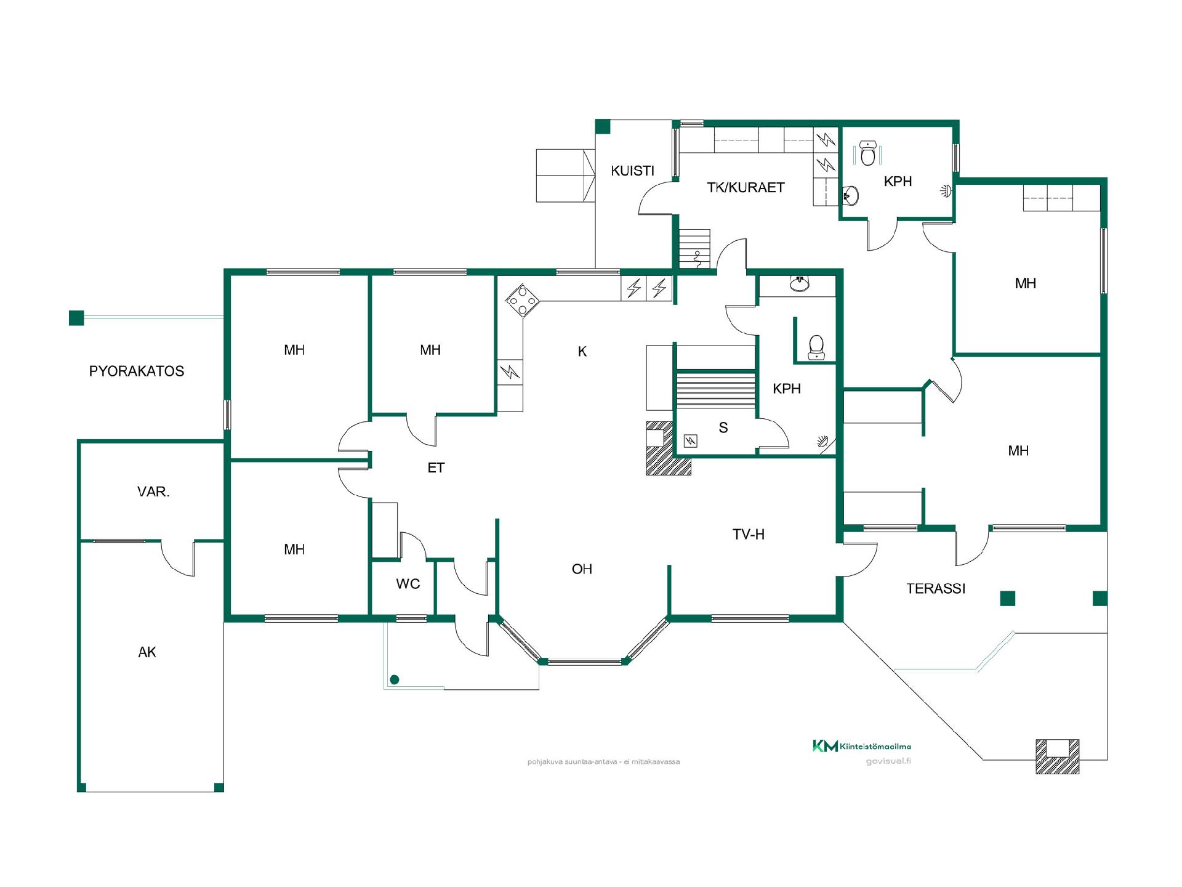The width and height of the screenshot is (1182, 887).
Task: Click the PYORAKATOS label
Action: [x=137, y=371]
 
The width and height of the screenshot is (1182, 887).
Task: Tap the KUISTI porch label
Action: [x=632, y=171]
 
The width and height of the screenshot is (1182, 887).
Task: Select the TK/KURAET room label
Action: [x=746, y=187]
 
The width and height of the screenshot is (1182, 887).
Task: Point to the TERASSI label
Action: [x=936, y=589]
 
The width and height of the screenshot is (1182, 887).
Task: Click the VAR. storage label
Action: [x=153, y=492]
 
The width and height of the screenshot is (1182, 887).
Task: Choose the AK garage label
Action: [x=147, y=652]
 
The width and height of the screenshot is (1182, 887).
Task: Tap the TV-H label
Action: [x=749, y=535]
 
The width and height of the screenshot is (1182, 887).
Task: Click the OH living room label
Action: [x=582, y=569]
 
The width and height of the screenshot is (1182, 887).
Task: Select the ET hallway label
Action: [x=436, y=468]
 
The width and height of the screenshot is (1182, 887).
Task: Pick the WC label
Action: [x=408, y=584]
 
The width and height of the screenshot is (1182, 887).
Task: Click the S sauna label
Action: [x=723, y=427]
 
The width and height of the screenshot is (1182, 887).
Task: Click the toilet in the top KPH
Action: [x=868, y=153]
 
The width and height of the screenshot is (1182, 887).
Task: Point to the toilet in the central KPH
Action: [x=816, y=347]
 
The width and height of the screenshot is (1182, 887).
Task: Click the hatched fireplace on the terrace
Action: [x=1057, y=756]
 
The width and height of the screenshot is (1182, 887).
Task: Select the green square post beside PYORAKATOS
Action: [x=76, y=318]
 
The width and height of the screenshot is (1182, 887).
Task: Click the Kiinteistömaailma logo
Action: [x=862, y=747]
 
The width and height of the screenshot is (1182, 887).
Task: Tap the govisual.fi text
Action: [x=888, y=761]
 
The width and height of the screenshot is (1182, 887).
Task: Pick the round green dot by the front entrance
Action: [x=395, y=680]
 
